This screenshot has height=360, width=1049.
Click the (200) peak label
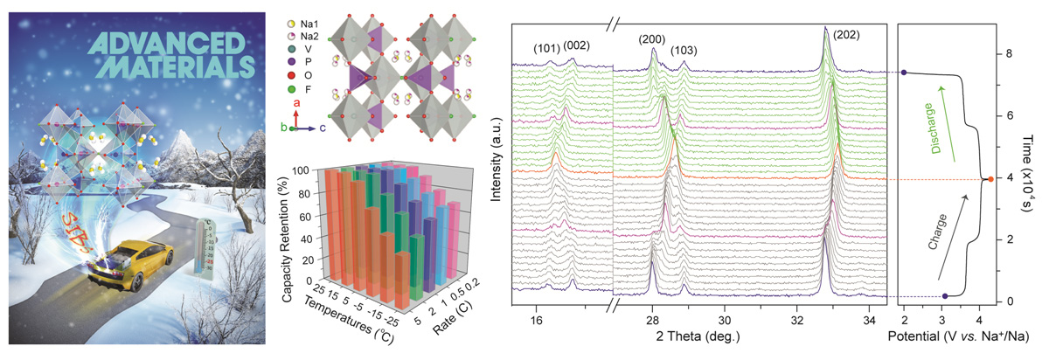(x=652, y=39)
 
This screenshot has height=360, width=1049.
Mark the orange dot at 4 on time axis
(x=989, y=179)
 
